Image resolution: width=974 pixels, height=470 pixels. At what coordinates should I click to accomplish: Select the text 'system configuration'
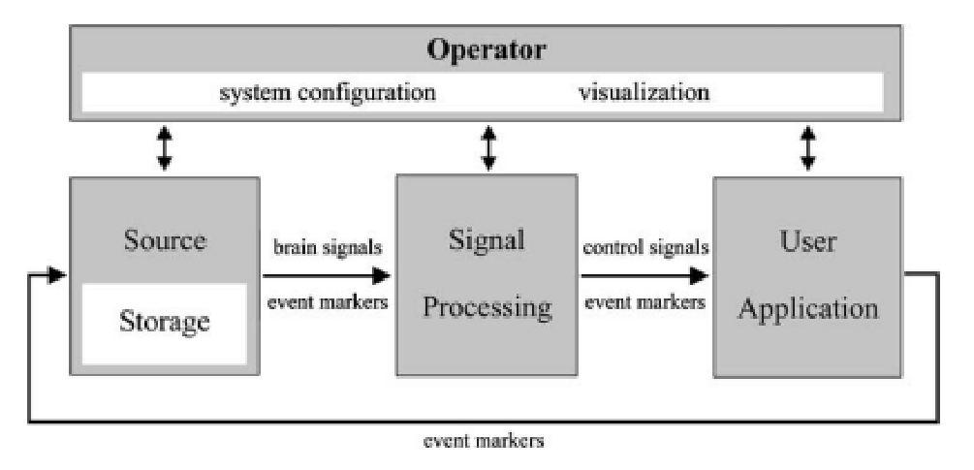[x=328, y=93]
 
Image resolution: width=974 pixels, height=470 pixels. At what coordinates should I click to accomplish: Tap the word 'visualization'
[x=644, y=93]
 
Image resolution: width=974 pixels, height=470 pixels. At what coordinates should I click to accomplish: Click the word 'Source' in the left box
[x=164, y=239]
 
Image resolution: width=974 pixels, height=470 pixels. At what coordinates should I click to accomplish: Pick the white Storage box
[x=164, y=323]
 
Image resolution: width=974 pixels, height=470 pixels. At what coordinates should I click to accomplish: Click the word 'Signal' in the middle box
[x=487, y=239]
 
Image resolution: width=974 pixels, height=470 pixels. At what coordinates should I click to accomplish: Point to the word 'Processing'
[x=487, y=307]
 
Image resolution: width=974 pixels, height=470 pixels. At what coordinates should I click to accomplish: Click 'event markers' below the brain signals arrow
[x=326, y=301]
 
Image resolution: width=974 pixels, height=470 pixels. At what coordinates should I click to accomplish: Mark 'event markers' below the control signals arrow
[x=645, y=301]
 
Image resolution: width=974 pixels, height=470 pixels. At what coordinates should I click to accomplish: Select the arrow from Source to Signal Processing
[x=326, y=275]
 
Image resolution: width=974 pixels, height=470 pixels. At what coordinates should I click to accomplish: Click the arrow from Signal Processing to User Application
[x=645, y=275]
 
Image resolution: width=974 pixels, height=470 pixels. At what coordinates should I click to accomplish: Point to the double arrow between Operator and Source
[x=164, y=148]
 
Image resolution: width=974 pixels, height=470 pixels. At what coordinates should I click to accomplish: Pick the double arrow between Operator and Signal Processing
[x=488, y=148]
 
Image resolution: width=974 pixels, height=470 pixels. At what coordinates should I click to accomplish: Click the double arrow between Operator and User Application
[x=807, y=148]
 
